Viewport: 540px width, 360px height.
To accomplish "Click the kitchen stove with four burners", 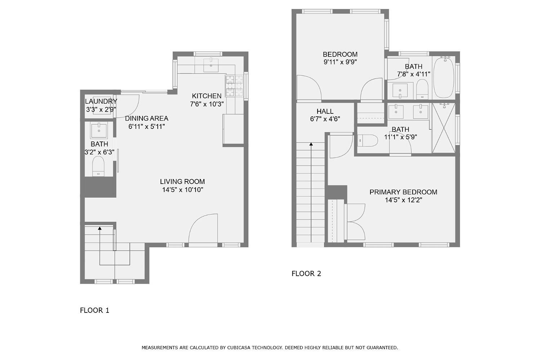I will pyautogui.click(x=235, y=86).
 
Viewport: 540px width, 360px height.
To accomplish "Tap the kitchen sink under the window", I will pyautogui.click(x=211, y=65).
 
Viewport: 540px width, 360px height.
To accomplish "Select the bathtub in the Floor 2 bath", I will pyautogui.click(x=443, y=77).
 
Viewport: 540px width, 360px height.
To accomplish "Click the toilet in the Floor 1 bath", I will pyautogui.click(x=98, y=166).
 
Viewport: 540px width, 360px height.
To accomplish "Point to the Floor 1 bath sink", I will pyautogui.click(x=99, y=131).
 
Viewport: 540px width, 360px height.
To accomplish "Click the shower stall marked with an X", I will pyautogui.click(x=443, y=128).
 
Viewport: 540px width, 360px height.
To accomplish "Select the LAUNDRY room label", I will pyautogui.click(x=101, y=102).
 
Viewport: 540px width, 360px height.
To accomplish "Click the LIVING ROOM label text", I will pyautogui.click(x=183, y=182).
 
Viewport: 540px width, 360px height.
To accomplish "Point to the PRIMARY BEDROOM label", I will pyautogui.click(x=403, y=192).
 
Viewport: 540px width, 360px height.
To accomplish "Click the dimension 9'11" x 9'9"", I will pyautogui.click(x=340, y=62).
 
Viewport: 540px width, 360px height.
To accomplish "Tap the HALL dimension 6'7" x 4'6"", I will pyautogui.click(x=325, y=119).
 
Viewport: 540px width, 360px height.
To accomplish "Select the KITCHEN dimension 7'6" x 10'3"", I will pyautogui.click(x=207, y=104).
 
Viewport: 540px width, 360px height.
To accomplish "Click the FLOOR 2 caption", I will pyautogui.click(x=306, y=274).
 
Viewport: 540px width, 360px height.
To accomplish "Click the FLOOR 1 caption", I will pyautogui.click(x=94, y=310).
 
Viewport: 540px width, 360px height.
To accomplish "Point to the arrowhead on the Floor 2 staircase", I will pyautogui.click(x=311, y=144).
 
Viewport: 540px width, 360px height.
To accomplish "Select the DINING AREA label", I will pyautogui.click(x=147, y=118).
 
